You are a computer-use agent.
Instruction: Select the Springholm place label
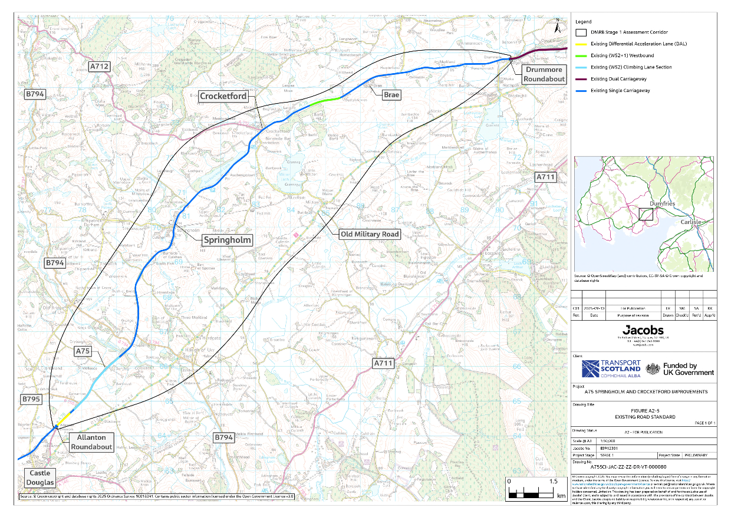(226, 240)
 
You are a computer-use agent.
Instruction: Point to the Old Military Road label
(370, 234)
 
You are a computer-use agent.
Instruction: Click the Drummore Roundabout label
(545, 74)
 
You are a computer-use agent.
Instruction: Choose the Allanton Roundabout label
(91, 442)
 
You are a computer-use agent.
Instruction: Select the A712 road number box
(99, 67)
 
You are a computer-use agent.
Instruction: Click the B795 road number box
(31, 400)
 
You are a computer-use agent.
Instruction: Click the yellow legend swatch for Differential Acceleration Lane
(581, 44)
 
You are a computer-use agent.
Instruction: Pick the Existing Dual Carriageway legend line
(581, 79)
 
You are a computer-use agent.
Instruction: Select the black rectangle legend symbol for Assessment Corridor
(581, 32)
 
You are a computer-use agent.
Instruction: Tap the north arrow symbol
(557, 25)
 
